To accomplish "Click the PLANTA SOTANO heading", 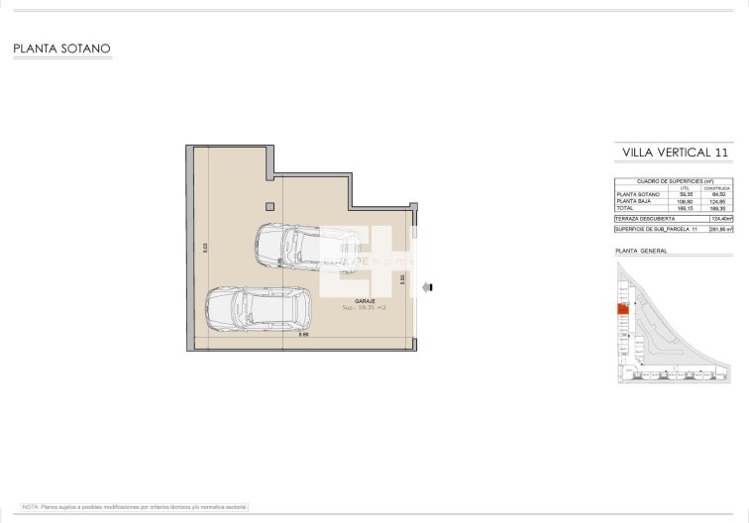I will (x=61, y=48).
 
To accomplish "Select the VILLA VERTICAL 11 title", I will (x=675, y=153).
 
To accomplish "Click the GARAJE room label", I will (x=365, y=301).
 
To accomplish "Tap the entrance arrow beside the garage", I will (x=429, y=287).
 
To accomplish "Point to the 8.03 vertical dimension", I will (x=204, y=250).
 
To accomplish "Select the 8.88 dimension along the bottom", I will (x=305, y=335).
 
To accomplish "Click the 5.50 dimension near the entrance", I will (x=402, y=280).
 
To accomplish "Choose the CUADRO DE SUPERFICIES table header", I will (x=674, y=181).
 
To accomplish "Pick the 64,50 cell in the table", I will (x=720, y=194).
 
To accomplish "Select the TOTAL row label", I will (x=624, y=208).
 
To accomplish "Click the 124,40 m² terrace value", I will (x=721, y=219).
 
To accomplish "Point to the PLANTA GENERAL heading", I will (x=641, y=251).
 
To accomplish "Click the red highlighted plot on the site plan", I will (x=623, y=310).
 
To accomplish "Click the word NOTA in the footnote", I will (x=30, y=506).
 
